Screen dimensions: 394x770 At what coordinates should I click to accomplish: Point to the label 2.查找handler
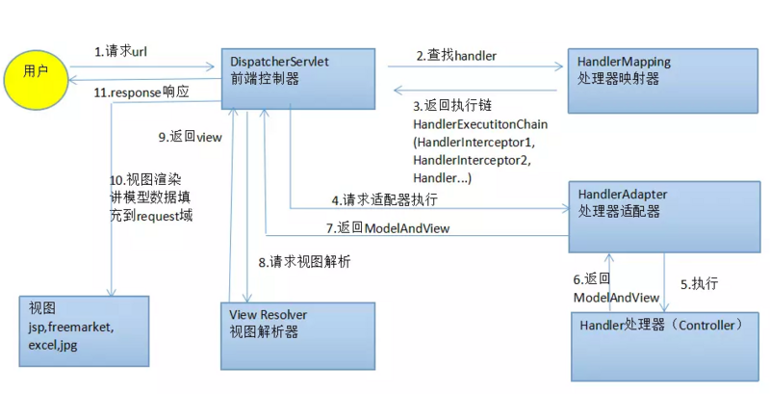pos(456,56)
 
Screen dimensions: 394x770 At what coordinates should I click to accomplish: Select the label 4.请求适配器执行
pos(385,200)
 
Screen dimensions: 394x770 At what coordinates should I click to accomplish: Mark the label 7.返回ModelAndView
pos(386,228)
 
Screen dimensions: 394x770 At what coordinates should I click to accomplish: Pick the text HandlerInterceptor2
pos(471,159)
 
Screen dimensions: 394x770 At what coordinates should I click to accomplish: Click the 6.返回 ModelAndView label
pos(616,288)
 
